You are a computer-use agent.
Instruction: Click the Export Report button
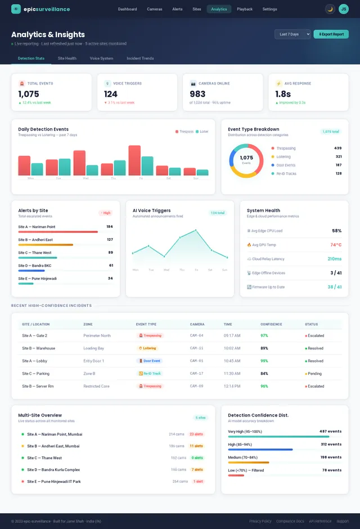331,34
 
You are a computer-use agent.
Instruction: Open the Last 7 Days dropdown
292,34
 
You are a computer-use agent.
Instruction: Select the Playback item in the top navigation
244,9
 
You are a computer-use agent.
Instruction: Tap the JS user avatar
343,9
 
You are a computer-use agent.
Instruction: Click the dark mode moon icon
330,9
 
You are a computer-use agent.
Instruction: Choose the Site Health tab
67,58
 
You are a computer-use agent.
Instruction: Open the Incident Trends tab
140,58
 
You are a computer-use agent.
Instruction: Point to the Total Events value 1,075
29,94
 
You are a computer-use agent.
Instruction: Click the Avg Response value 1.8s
283,94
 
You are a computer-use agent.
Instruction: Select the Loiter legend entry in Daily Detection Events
201,132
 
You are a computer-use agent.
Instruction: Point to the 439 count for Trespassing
337,149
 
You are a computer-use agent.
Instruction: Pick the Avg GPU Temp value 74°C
336,245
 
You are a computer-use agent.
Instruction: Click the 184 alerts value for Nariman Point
109,227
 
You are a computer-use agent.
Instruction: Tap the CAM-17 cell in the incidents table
197,373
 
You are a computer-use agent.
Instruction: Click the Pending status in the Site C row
314,373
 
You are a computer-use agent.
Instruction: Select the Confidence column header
271,324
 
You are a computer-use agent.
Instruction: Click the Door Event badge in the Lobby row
150,361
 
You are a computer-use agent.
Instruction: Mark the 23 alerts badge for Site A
196,434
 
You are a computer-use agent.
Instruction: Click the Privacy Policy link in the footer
260,521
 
